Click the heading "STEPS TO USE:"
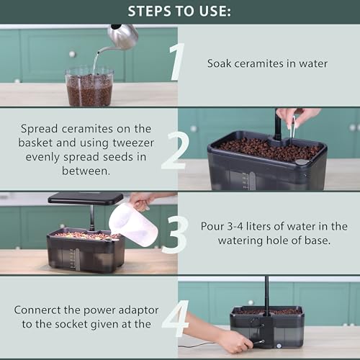coord(180,12)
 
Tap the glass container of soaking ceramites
coord(89,87)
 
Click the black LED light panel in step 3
coord(86,197)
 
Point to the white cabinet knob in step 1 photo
coord(72,54)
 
